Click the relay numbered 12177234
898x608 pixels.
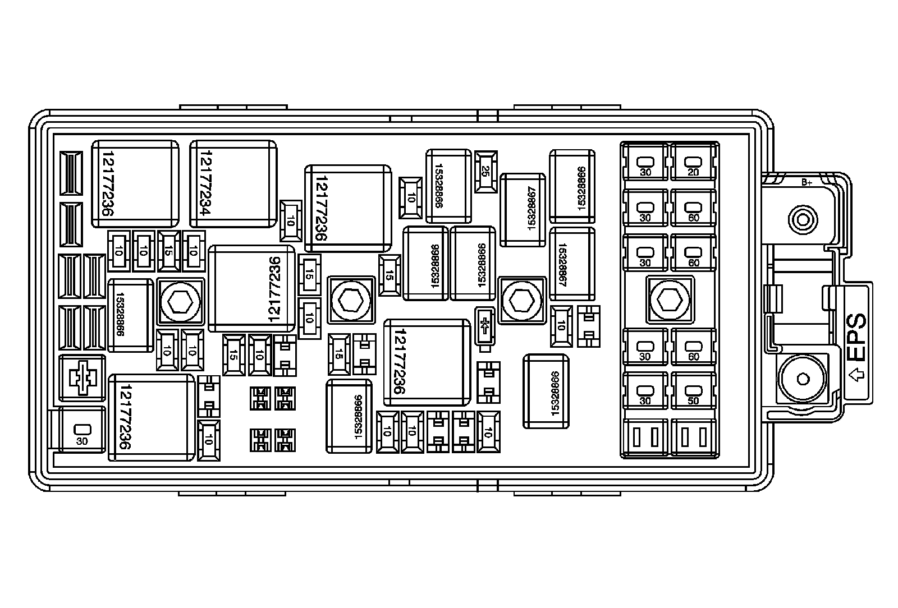coord(233,184)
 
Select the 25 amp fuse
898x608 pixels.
coord(485,171)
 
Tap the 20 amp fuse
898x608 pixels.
coord(694,162)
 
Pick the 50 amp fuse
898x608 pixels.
coord(694,391)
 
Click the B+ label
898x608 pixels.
coord(807,182)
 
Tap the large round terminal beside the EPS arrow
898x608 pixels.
coord(803,380)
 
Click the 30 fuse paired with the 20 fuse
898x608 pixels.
coord(645,162)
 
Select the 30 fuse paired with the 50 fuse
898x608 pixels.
coord(645,391)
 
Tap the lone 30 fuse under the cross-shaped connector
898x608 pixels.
coord(83,430)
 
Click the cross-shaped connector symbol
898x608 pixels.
coord(82,377)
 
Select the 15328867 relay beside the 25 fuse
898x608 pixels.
coord(523,210)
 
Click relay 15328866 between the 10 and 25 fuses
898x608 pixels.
coord(448,186)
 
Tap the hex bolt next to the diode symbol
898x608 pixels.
coord(522,300)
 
